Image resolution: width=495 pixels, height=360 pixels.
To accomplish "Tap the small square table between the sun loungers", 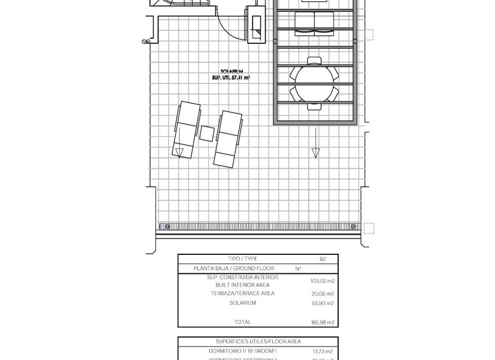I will point(207,133).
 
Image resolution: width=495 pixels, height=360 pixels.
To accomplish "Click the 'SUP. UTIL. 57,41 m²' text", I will point(231,79).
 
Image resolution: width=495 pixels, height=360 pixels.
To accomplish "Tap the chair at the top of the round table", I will point(314,61).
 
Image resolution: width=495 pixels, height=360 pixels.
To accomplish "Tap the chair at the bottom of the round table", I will point(314,105).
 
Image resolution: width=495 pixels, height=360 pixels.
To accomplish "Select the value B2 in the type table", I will point(322,259).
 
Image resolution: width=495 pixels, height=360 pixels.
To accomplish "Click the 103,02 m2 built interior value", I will point(322,281).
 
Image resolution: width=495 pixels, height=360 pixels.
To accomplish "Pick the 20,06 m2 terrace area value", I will point(322,294).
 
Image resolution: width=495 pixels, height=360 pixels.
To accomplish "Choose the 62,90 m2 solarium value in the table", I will point(322,303).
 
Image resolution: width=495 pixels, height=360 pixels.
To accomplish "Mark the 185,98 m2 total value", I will point(322,322).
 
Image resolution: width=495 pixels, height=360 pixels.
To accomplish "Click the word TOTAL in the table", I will point(242,322).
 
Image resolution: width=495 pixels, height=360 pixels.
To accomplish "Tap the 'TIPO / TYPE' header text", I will point(242,259).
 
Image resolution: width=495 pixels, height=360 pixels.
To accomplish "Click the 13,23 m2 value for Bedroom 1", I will point(322,350).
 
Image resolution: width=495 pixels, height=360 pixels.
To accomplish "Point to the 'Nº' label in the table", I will point(298,269).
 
